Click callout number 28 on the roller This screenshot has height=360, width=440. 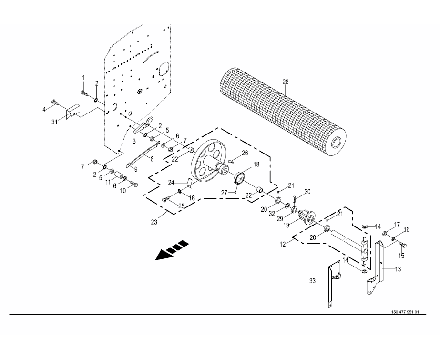click(285, 82)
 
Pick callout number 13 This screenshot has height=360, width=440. click(398, 269)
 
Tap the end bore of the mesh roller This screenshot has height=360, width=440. click(336, 143)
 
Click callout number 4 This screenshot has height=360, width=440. click(44, 109)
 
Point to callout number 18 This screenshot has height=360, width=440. click(256, 164)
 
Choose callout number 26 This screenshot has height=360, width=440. click(245, 153)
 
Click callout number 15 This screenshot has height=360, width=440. click(401, 256)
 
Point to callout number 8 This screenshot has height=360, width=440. click(152, 158)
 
